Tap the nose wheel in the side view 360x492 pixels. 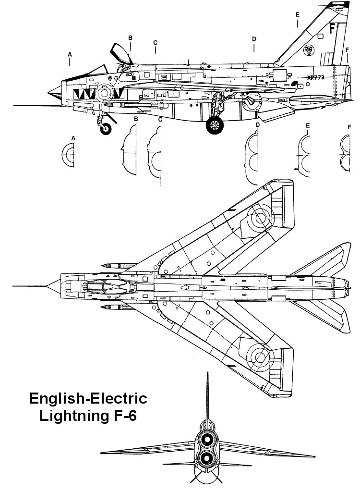[x=106, y=128]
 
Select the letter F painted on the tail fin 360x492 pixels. [x=332, y=28]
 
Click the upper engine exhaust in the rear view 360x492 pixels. [x=208, y=438]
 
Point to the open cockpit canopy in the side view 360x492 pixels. [x=121, y=52]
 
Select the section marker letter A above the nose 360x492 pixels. [x=70, y=55]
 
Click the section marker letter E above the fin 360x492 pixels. [x=298, y=14]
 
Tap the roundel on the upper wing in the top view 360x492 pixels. [x=260, y=219]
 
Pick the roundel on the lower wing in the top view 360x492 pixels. [x=260, y=356]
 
